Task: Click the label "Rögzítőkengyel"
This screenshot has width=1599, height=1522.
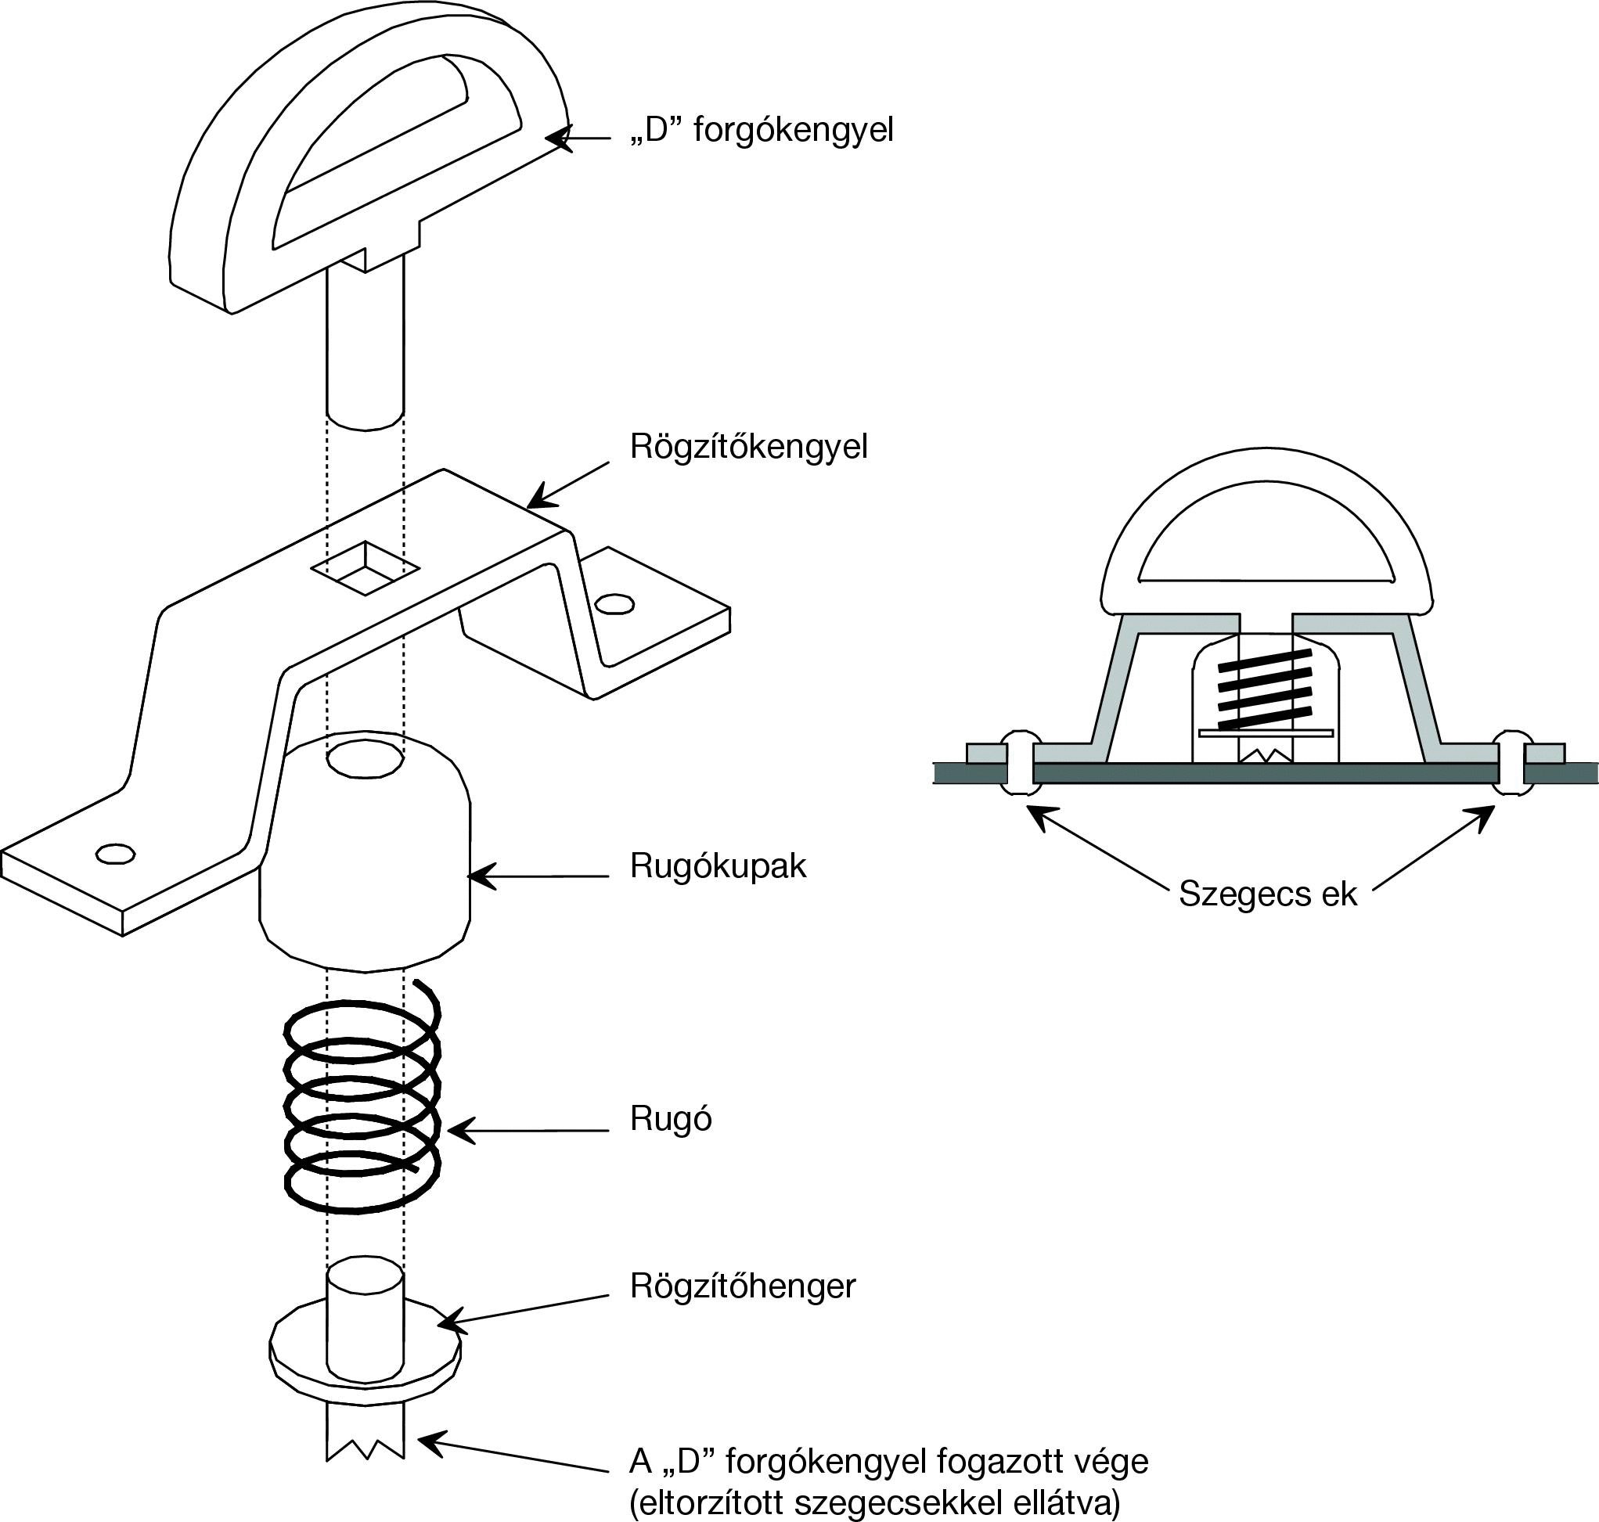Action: pos(748,447)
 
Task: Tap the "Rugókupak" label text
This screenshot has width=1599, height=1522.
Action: pos(718,866)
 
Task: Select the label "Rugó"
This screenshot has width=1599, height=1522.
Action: pos(670,1119)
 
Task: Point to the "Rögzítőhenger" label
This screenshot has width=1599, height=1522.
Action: pos(742,1286)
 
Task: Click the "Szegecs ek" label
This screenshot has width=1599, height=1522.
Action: pos(1267,894)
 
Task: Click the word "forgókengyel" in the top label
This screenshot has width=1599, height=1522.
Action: pos(793,130)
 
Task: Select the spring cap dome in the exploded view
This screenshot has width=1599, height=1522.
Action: pos(364,868)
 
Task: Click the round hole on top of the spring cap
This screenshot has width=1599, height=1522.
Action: pos(364,760)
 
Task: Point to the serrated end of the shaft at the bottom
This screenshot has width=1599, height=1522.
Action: pos(364,1453)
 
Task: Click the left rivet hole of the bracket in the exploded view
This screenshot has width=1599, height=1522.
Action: pos(114,854)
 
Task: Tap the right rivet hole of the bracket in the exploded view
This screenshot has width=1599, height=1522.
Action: pos(614,603)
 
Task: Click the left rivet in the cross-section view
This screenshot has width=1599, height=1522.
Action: pos(1021,763)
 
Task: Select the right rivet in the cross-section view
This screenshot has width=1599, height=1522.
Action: pos(1511,763)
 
